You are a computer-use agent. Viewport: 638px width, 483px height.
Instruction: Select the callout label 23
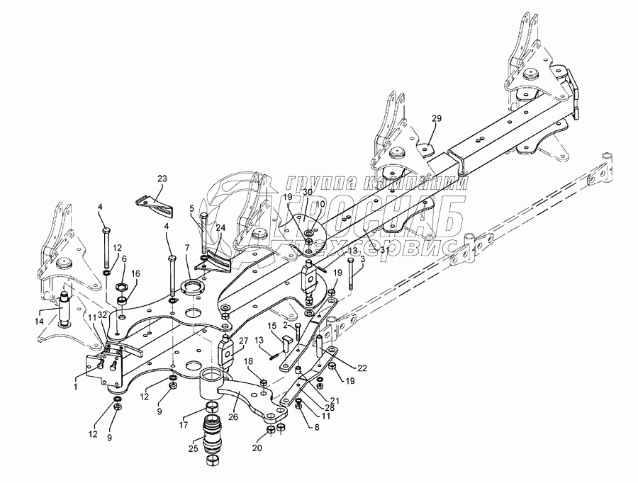162,179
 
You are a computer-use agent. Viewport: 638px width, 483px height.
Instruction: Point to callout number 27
243,341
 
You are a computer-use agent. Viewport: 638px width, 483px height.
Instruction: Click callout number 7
187,248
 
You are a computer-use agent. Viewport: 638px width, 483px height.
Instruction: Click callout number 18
248,362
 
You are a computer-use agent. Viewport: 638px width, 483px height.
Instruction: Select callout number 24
220,228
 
